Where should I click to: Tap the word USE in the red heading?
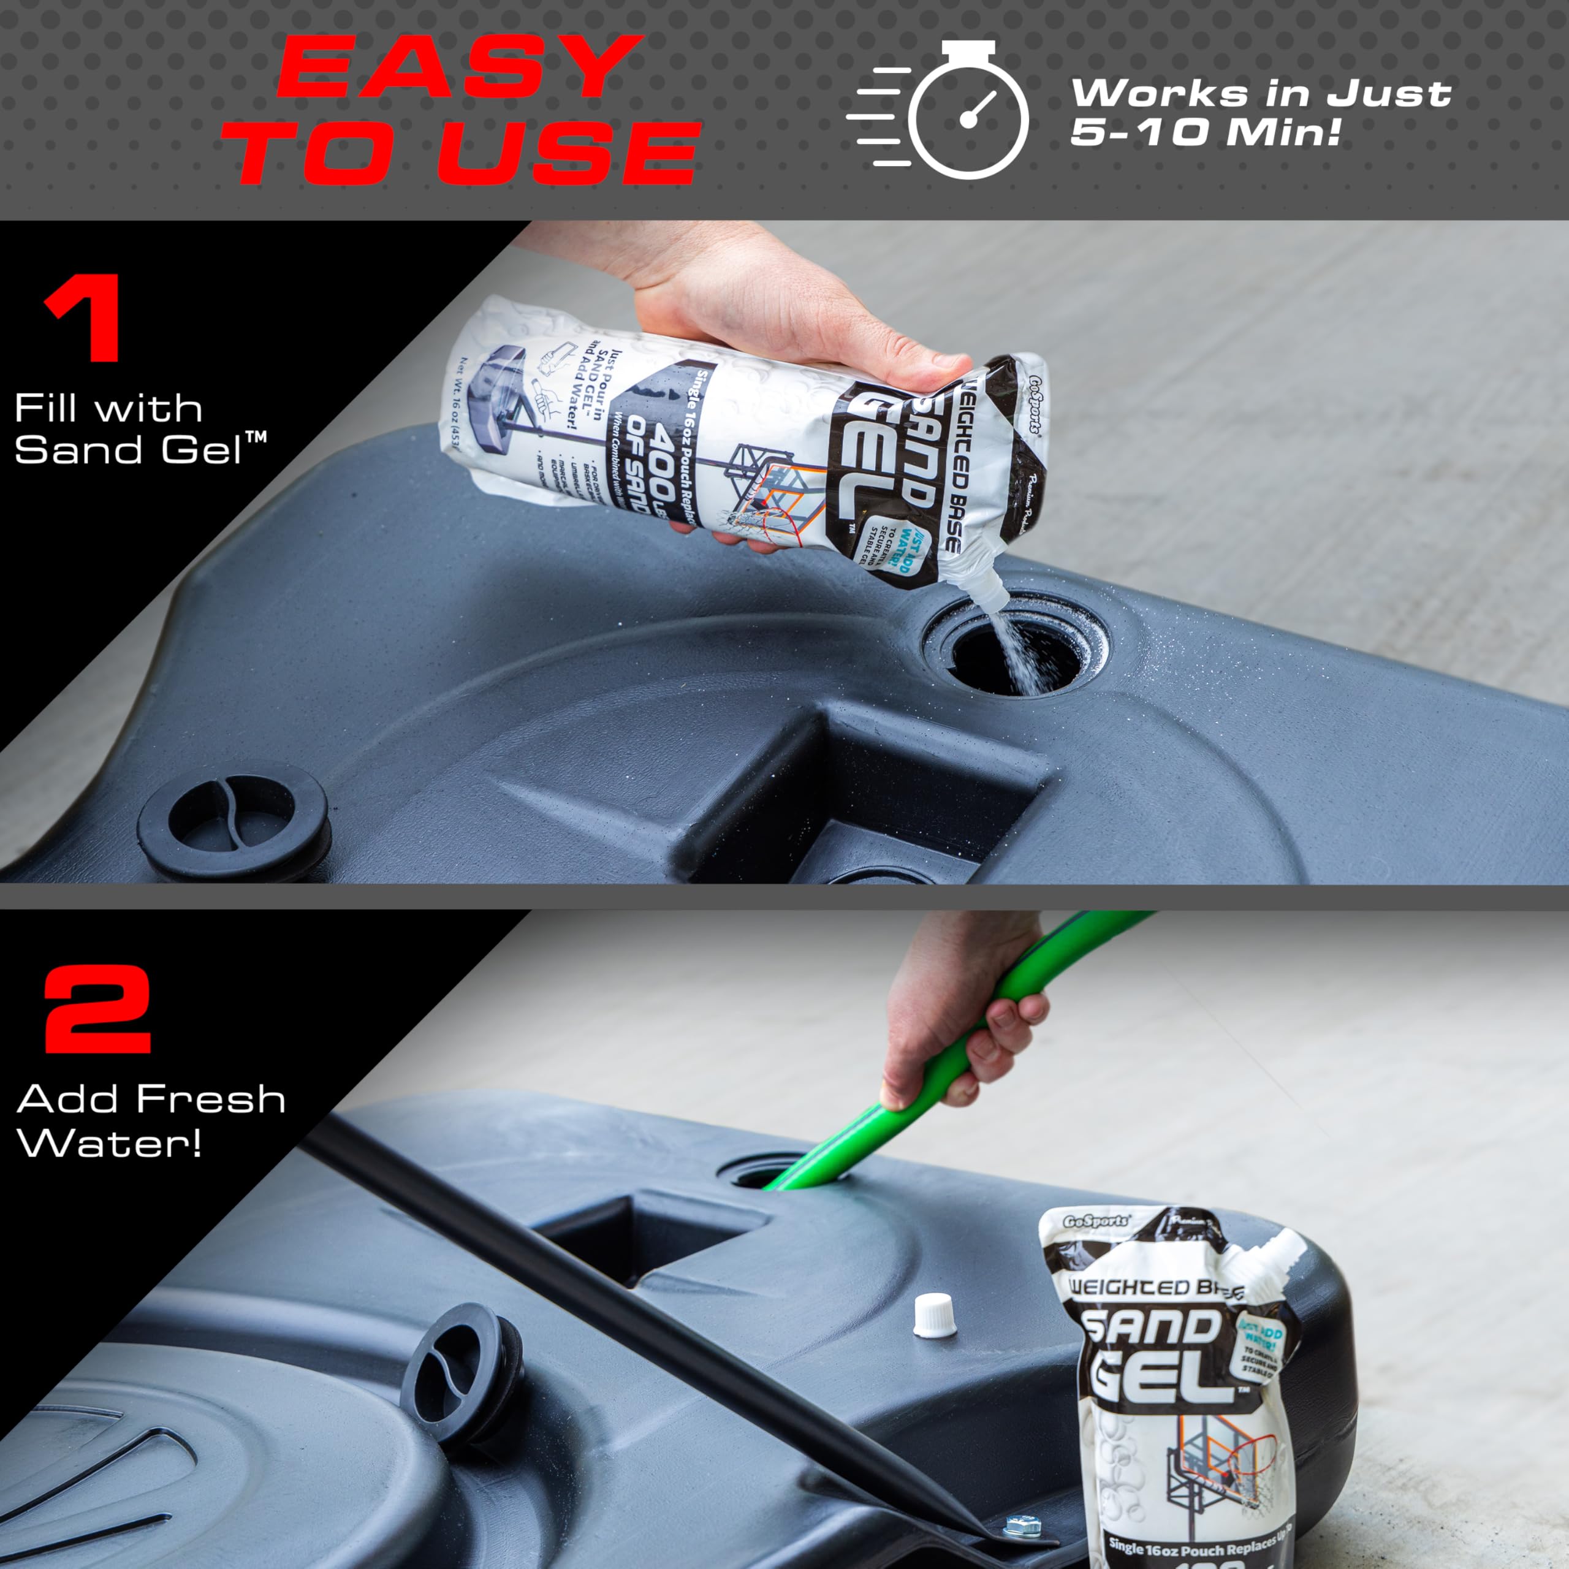coord(569,153)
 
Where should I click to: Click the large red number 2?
coord(97,1009)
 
